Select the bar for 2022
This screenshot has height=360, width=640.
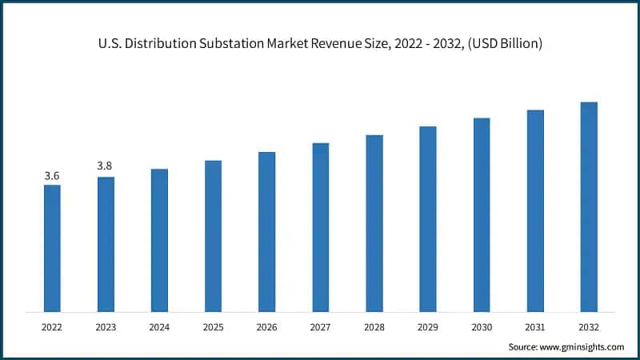[52, 248]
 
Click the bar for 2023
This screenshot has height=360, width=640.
[106, 244]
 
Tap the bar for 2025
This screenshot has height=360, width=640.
[213, 236]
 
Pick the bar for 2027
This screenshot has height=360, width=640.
[320, 227]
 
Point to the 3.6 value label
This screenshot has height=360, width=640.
[52, 175]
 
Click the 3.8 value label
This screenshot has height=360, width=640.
[105, 166]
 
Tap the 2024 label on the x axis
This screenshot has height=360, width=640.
[159, 326]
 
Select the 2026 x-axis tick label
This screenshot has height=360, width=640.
[266, 326]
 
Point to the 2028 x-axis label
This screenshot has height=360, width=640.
[374, 326]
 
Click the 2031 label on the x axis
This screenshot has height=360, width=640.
[535, 326]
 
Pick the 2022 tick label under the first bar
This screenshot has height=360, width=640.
[52, 326]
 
